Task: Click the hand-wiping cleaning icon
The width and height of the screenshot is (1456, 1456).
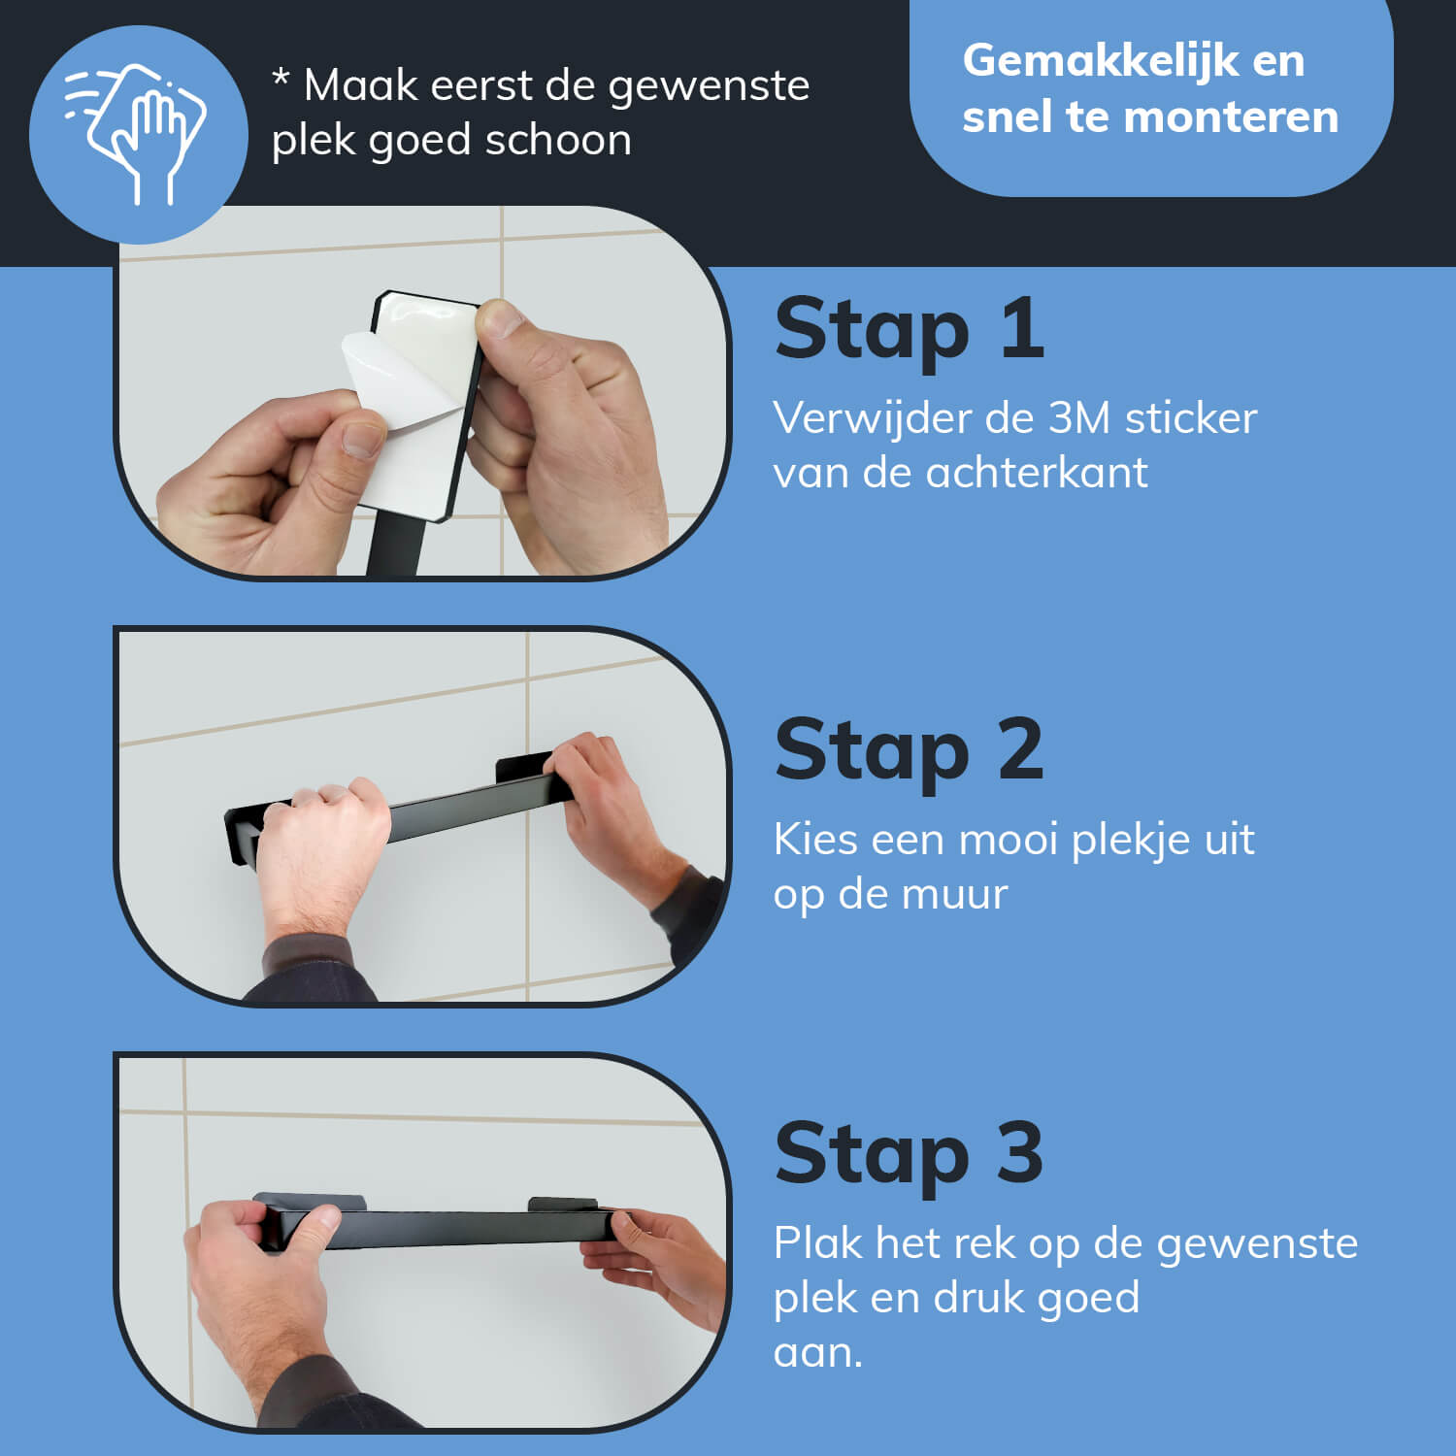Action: pos(137,134)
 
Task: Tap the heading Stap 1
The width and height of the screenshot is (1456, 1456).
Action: pos(910,329)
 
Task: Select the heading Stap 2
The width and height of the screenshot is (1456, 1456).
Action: pos(910,749)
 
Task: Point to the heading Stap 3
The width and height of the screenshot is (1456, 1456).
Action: pos(910,1153)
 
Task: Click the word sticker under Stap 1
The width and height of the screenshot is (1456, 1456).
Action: pos(1191,417)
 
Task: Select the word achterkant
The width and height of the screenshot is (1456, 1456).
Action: pos(1037,473)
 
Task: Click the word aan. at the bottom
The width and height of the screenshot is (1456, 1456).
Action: pos(817,1353)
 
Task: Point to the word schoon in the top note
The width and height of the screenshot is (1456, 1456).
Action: pos(558,140)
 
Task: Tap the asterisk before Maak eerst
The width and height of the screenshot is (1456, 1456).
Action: pos(281,78)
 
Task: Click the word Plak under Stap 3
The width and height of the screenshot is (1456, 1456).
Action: pos(818,1242)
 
